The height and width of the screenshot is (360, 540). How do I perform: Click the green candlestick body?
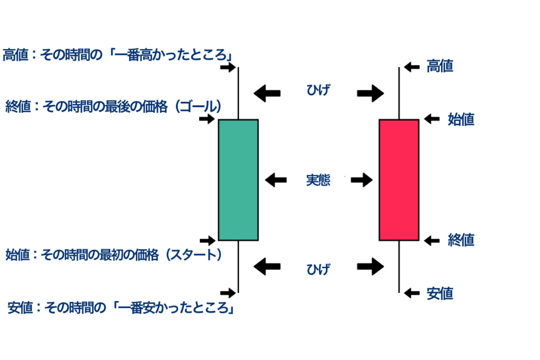pos(238,180)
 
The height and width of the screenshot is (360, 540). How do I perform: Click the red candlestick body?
pos(399,180)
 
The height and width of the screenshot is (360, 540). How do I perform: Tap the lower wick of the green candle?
pos(238,266)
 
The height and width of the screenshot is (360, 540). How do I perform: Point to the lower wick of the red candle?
pos(399,266)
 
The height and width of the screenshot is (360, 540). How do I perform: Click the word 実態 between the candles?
pos(318,180)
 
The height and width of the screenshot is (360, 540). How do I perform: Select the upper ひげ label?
pos(318,91)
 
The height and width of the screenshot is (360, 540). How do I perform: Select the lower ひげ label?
pos(318,269)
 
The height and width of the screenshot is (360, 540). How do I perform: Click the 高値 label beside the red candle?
pos(440,66)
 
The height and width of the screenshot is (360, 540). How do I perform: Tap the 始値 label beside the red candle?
pos(461,119)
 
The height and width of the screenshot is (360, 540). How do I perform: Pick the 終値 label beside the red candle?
pos(461,240)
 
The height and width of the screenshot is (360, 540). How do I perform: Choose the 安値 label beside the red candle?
pos(440,293)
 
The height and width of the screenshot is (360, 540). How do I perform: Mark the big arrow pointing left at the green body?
pos(276,180)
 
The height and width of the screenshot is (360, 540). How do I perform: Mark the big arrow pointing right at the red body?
pos(361,180)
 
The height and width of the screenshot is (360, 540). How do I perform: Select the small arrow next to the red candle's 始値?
pos(432,119)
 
